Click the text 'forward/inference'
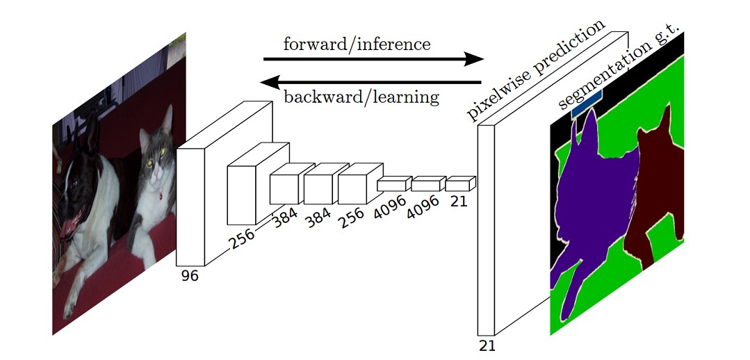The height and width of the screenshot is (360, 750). point(357,45)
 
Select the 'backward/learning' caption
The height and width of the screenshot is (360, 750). point(361,96)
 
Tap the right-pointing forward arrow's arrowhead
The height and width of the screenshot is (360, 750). point(476,59)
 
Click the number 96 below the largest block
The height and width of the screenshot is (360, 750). point(190,276)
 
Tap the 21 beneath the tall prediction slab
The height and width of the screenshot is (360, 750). point(487,346)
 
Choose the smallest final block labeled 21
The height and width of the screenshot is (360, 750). point(458,185)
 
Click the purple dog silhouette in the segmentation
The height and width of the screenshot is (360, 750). point(591,208)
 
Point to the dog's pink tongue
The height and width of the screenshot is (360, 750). point(70,227)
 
